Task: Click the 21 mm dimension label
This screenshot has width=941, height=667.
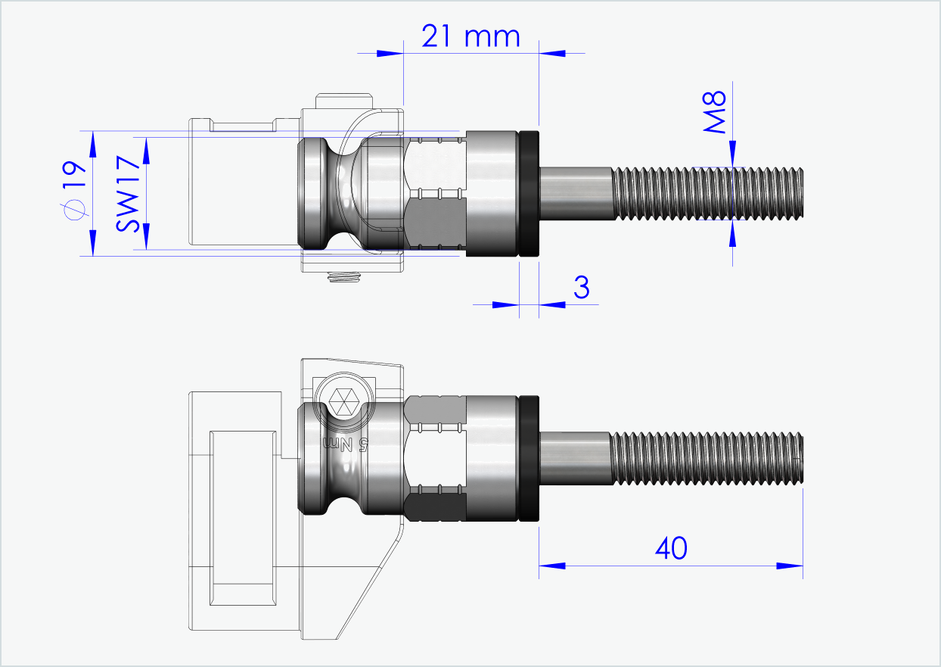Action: point(471,36)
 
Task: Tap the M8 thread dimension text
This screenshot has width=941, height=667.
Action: point(715,111)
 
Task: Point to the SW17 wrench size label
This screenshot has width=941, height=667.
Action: point(129,193)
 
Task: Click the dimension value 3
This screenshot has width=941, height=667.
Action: point(581,288)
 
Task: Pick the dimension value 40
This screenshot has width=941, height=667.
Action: point(670,548)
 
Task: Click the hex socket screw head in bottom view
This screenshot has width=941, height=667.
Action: point(345,399)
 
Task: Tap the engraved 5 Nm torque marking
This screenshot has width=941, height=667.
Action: point(345,444)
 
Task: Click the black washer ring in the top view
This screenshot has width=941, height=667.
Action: point(529,195)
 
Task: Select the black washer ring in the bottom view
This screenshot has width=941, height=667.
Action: point(529,458)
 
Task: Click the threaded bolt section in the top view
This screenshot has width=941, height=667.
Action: point(707,194)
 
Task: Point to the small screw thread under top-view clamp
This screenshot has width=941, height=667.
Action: point(344,279)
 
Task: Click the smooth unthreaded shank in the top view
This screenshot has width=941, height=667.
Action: point(575,194)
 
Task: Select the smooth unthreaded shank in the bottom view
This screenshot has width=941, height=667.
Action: point(575,458)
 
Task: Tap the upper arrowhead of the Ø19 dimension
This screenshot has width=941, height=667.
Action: point(93,141)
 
